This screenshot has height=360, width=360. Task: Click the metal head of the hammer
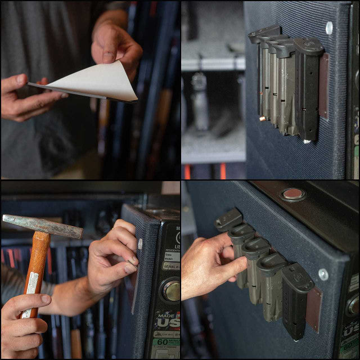pyautogui.click(x=42, y=224)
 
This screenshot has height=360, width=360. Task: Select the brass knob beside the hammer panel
pyautogui.click(x=171, y=291)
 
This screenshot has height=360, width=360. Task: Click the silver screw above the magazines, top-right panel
pyautogui.click(x=329, y=27)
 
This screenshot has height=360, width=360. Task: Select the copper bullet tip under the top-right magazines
pyautogui.click(x=262, y=119)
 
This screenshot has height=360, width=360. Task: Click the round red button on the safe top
pyautogui.click(x=293, y=195)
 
